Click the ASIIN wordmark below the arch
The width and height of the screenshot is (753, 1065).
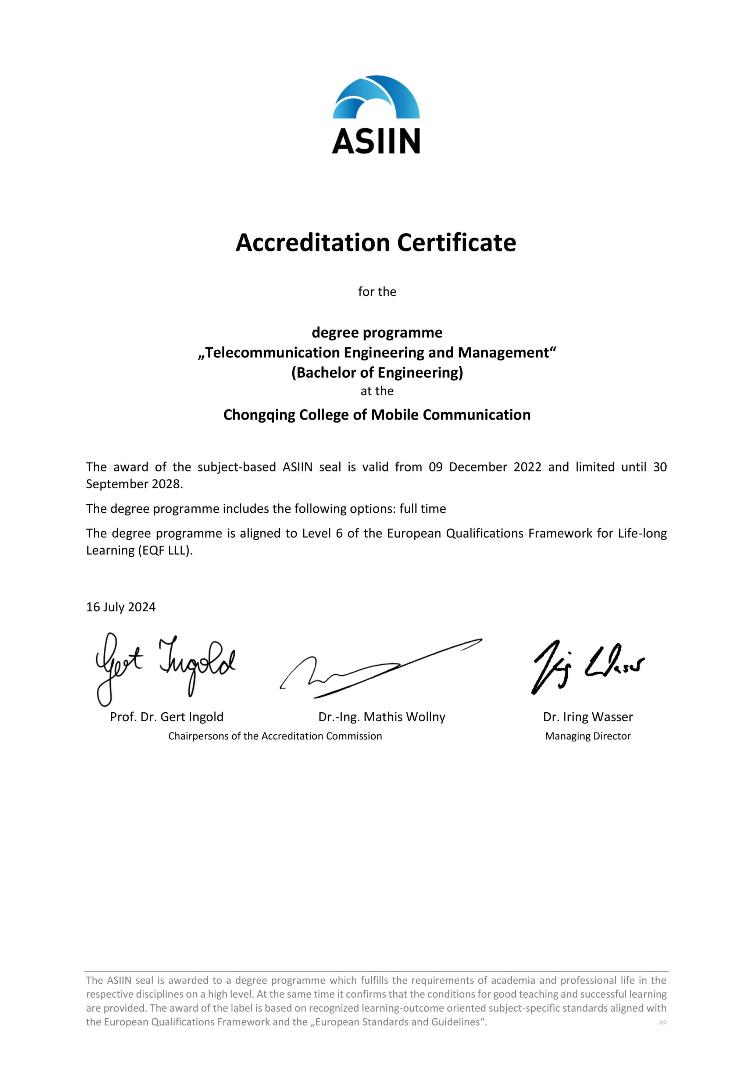[376, 141]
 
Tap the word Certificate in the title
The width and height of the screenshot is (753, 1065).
[456, 243]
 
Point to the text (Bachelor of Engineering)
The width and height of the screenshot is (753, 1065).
[377, 373]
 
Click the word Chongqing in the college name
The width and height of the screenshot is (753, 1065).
[259, 415]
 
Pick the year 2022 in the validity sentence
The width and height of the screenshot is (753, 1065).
[527, 467]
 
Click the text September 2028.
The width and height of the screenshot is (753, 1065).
[135, 484]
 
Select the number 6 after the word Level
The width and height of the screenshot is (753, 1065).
[339, 534]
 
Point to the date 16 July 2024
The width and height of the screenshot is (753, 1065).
[121, 607]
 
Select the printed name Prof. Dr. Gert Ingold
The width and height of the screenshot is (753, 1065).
[167, 717]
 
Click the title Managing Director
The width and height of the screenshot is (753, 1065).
[588, 736]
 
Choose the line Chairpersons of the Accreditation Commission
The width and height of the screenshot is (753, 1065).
[275, 736]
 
